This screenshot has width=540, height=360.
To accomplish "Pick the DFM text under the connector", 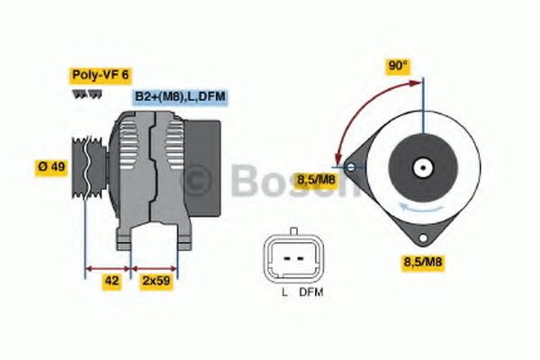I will point(310,293).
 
